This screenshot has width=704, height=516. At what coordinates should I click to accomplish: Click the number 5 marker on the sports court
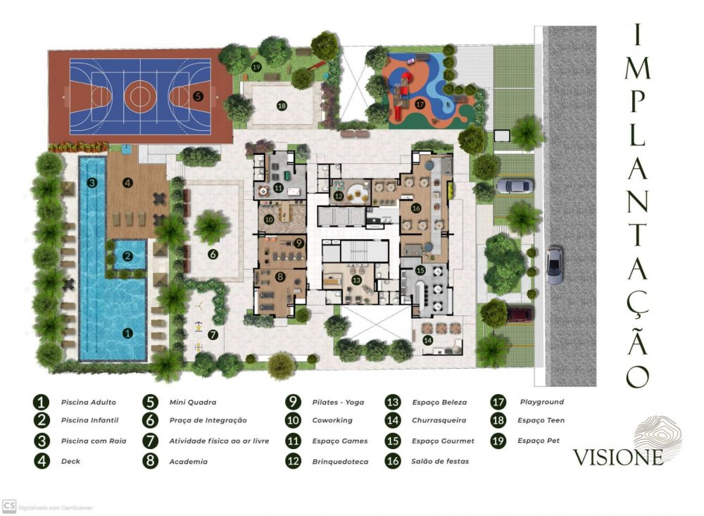[x=198, y=96]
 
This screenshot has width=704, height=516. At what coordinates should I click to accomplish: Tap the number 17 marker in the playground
[x=420, y=103]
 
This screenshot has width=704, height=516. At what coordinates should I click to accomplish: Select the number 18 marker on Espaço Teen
[x=282, y=106]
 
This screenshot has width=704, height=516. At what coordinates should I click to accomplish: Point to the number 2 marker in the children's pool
[x=128, y=256]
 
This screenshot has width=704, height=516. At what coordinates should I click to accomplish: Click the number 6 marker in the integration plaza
[x=213, y=255]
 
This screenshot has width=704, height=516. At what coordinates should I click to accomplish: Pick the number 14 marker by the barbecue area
[x=428, y=341]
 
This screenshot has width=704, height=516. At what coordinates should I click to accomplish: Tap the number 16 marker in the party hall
[x=416, y=208]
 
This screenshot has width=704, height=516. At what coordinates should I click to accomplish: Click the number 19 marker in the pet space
[x=256, y=68]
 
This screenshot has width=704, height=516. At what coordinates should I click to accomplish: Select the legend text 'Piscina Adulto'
[x=89, y=403]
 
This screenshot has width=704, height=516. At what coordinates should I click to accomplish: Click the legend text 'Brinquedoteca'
[x=340, y=462]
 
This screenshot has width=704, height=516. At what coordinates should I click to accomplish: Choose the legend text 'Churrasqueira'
[x=439, y=420]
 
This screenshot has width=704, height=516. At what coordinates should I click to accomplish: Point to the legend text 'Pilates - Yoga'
[x=338, y=403]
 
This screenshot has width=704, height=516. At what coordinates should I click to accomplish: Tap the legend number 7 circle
[x=150, y=441]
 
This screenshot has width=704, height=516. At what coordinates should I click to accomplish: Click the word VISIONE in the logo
[x=618, y=457]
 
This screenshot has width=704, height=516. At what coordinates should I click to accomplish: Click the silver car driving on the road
[x=555, y=265]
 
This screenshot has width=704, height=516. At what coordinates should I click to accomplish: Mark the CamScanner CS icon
[x=9, y=506]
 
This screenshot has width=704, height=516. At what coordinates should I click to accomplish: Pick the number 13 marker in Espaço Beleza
[x=356, y=280]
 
